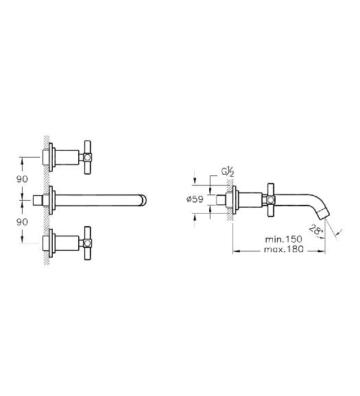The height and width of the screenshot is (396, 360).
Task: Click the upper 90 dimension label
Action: tap(22, 179)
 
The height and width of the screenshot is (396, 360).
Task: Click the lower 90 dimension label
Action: tap(22, 222)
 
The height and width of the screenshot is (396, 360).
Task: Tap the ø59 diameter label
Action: tap(195, 199)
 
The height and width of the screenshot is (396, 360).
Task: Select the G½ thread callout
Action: tap(228, 172)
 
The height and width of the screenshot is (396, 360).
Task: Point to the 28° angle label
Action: tap(316, 231)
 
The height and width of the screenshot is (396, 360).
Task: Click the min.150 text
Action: tap(283, 239)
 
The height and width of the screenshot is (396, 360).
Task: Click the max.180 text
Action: tap(283, 249)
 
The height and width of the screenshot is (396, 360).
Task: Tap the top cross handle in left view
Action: tap(87, 158)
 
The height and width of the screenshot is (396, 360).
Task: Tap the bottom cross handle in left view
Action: tap(87, 243)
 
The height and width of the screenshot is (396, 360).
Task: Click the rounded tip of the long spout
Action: tap(143, 200)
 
